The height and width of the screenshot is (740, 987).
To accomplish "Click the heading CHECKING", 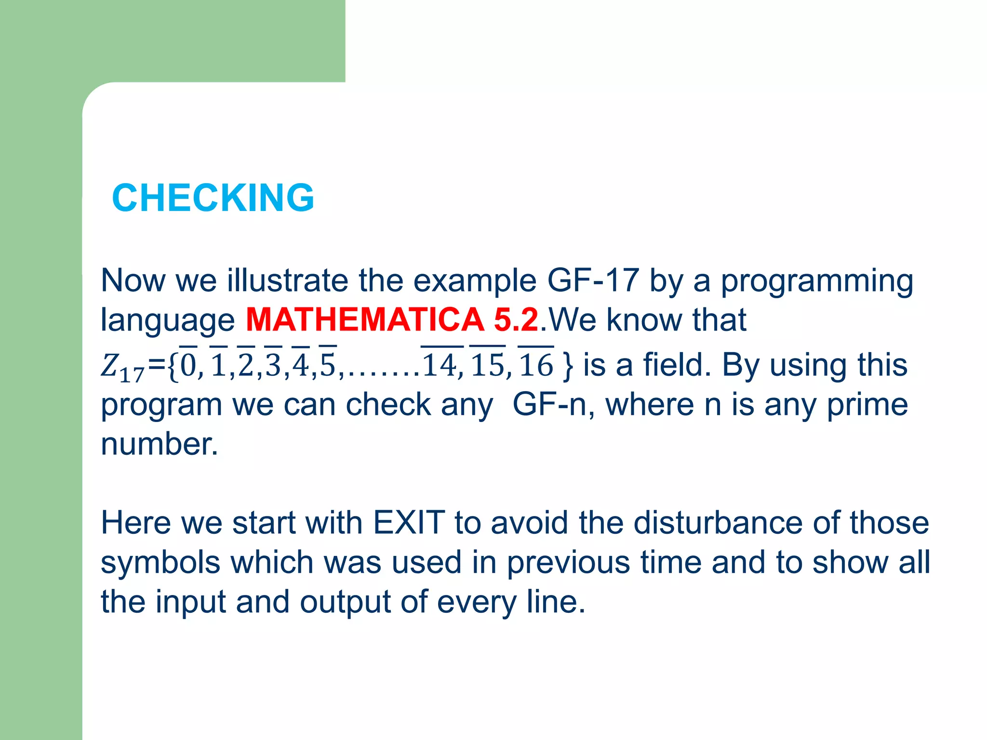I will (x=213, y=198).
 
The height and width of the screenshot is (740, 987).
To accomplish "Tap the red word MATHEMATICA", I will (x=365, y=319).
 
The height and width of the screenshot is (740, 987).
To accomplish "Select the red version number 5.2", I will (x=516, y=319).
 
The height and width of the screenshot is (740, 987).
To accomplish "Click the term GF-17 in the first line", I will (x=593, y=280).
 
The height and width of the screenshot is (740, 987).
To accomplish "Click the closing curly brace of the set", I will (x=568, y=365).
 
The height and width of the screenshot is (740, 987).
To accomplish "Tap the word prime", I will (x=867, y=405).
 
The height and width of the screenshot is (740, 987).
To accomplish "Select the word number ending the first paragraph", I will (x=159, y=444).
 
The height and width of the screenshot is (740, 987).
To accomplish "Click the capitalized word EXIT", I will (x=409, y=522).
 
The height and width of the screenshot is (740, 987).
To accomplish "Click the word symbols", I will (x=159, y=563).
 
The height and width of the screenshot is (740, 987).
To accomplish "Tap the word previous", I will (x=568, y=563).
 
